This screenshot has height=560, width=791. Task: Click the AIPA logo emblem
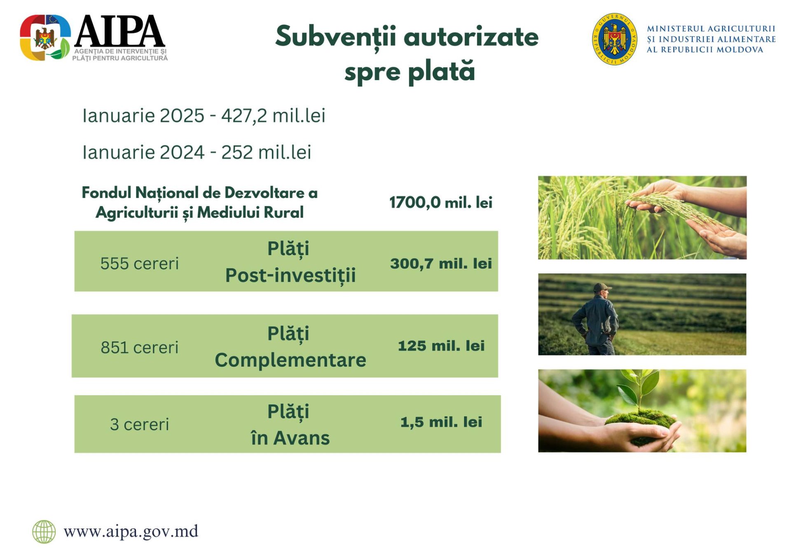45,38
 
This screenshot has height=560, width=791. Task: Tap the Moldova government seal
615,39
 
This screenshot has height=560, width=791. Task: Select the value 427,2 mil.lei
273,115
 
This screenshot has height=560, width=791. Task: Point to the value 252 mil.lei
266,152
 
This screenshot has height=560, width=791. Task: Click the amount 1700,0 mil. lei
441,202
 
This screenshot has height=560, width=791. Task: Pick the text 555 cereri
140,264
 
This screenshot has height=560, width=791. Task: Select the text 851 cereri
140,348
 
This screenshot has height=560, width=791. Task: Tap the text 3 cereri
140,424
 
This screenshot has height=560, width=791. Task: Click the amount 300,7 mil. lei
441,264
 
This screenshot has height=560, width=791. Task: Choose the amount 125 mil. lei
441,346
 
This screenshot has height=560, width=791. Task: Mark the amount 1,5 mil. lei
441,422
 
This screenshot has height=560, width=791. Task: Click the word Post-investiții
290,275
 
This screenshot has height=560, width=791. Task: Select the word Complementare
290,360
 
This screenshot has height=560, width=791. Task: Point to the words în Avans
290,438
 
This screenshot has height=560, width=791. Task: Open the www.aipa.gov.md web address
131,531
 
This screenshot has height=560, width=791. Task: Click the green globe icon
44,532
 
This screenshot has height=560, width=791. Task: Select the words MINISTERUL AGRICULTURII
711,28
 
